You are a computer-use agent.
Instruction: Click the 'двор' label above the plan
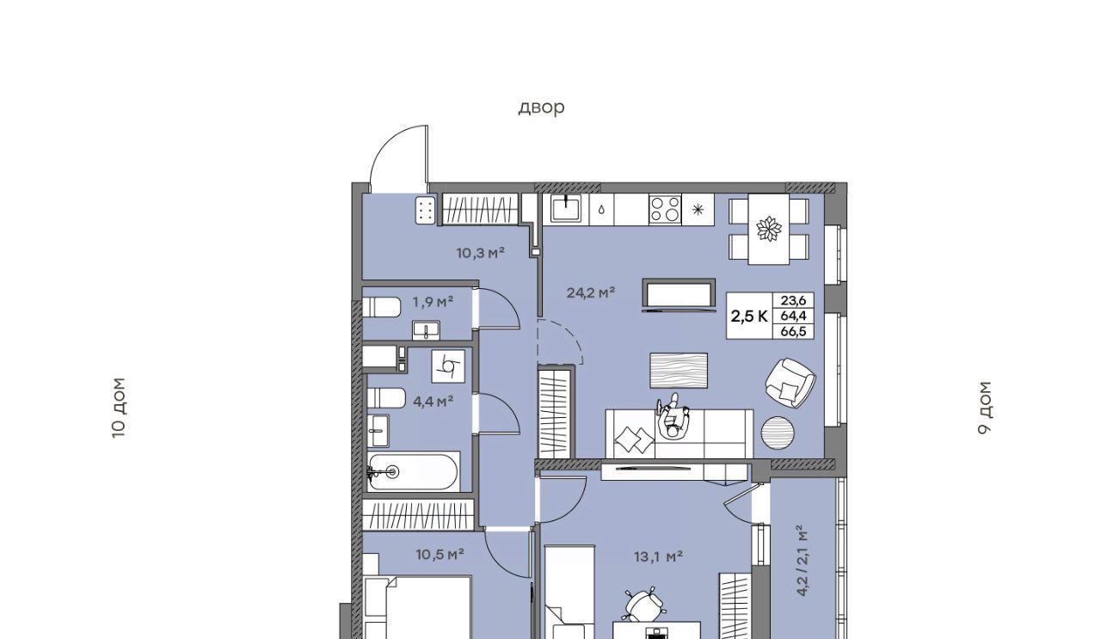541,108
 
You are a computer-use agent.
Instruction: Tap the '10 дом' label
119,408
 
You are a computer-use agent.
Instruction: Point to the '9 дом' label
985,408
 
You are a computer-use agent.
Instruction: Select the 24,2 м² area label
591,293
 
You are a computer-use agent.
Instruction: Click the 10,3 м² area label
481,253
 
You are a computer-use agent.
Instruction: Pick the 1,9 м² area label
433,302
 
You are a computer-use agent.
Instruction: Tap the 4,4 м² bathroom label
433,402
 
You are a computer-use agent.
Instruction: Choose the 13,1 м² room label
659,556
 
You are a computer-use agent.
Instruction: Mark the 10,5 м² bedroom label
440,555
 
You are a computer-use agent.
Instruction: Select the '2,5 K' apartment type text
749,316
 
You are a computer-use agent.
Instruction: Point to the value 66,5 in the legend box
793,331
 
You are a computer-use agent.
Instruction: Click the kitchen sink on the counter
566,208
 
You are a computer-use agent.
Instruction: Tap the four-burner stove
665,209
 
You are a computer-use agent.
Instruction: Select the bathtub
414,472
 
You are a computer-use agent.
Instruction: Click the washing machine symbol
448,366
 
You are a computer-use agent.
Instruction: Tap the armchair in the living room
790,383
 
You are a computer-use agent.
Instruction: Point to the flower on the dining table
769,229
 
